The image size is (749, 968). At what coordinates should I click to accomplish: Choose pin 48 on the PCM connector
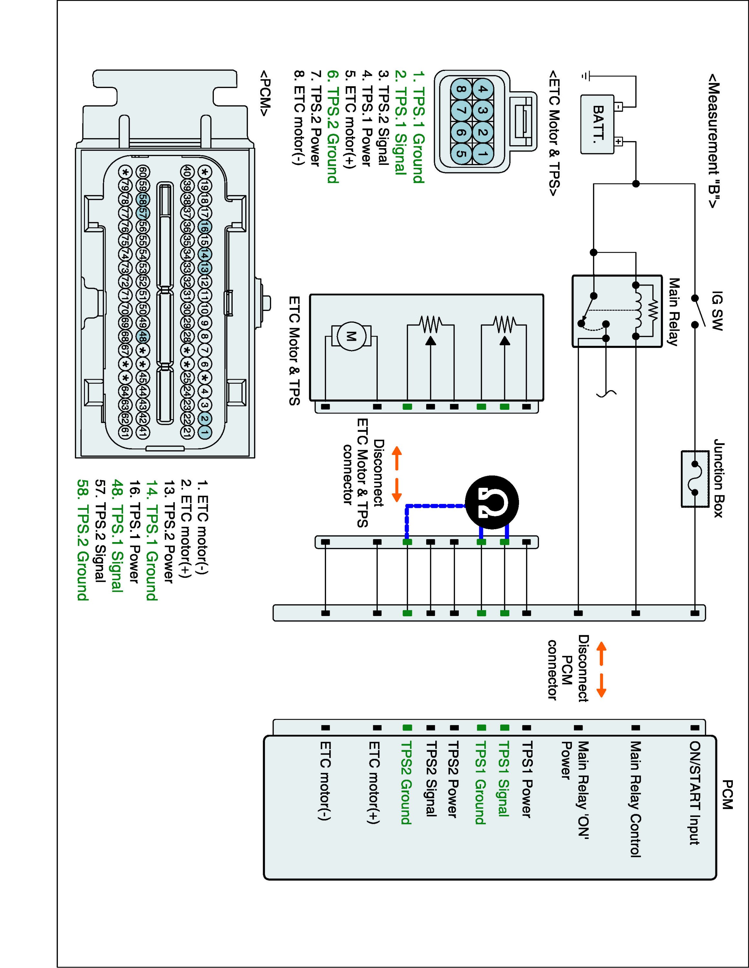[142, 336]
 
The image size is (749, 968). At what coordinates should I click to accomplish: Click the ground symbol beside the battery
[586, 76]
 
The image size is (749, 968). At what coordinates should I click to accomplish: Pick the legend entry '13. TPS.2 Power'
[169, 531]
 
